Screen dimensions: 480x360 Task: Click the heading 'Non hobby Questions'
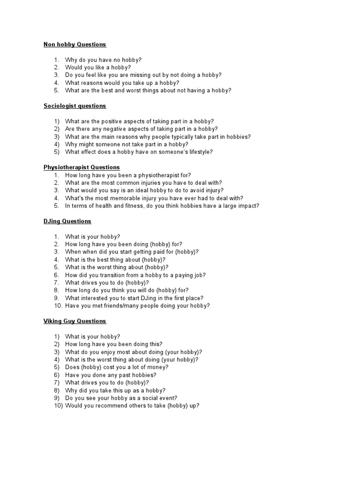(x=75, y=45)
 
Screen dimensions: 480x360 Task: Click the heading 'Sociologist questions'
(x=75, y=106)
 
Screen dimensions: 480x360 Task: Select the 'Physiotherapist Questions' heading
(x=82, y=167)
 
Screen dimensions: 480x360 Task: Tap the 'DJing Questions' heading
(x=67, y=221)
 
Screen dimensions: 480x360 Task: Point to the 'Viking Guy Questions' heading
(x=75, y=321)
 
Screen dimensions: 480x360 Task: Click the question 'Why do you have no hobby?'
(x=103, y=60)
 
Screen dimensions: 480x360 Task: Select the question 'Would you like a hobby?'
(x=98, y=67)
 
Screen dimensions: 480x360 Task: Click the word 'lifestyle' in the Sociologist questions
(x=198, y=152)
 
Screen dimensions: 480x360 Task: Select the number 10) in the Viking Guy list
(x=58, y=405)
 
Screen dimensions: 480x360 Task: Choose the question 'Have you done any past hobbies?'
(x=111, y=375)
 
